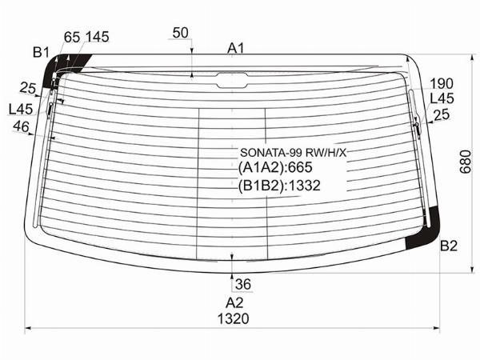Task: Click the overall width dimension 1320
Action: tap(234, 318)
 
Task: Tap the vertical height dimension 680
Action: tap(466, 162)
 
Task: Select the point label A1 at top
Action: tap(236, 48)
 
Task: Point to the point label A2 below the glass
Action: tap(234, 302)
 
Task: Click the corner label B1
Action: tap(42, 52)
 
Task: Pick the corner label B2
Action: tap(449, 246)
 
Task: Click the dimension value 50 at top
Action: tap(180, 33)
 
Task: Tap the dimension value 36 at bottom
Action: tap(243, 284)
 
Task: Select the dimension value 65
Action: tap(72, 38)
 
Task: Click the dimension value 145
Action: tap(98, 37)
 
